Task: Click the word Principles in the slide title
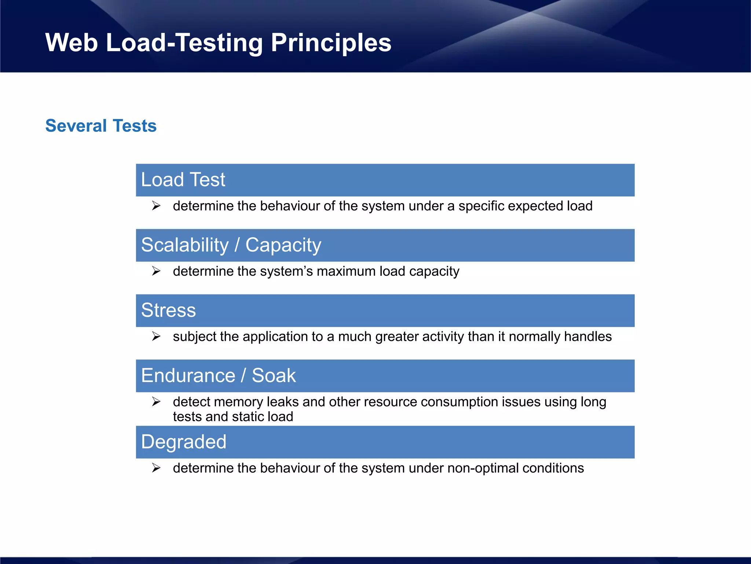(331, 43)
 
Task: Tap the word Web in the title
(72, 43)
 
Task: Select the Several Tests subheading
(101, 126)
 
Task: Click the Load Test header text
(183, 180)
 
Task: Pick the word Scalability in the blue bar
(185, 245)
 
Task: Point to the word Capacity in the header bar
(283, 245)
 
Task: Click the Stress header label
(168, 310)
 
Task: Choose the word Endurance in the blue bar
(188, 376)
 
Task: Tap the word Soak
(274, 376)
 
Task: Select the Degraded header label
(184, 442)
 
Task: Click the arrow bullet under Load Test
(156, 206)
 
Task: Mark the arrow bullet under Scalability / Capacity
(156, 271)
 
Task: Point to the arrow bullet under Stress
(156, 336)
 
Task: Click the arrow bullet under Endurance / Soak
(156, 402)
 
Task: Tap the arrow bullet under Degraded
(156, 468)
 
